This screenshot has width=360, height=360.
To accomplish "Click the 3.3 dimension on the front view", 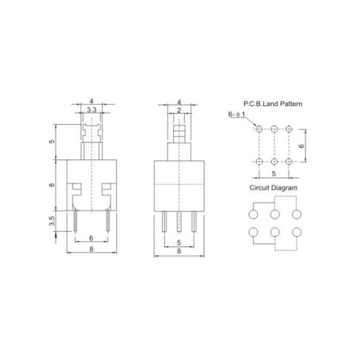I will coord(91,109).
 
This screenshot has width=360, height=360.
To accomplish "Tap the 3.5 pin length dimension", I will coord(52,221).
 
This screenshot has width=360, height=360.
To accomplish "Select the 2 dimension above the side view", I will coord(179,110).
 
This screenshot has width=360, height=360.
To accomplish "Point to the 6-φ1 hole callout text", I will coord(237,115).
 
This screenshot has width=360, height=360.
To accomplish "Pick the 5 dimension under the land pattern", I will coord(274,172).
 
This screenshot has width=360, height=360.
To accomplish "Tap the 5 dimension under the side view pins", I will coord(179,243).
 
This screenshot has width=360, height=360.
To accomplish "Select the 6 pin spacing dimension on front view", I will coord(91,238).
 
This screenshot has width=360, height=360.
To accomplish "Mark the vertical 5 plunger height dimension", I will coord(52,141).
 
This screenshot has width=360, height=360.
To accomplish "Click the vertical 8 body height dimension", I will coord(52,185).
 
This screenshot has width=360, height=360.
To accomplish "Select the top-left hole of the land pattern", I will coord(259,129).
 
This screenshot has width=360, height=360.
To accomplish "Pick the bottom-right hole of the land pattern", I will coord(288,162).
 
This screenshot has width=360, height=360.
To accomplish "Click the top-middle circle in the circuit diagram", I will coord(274,214).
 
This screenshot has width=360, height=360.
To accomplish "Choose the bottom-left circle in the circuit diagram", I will coord(252,232).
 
